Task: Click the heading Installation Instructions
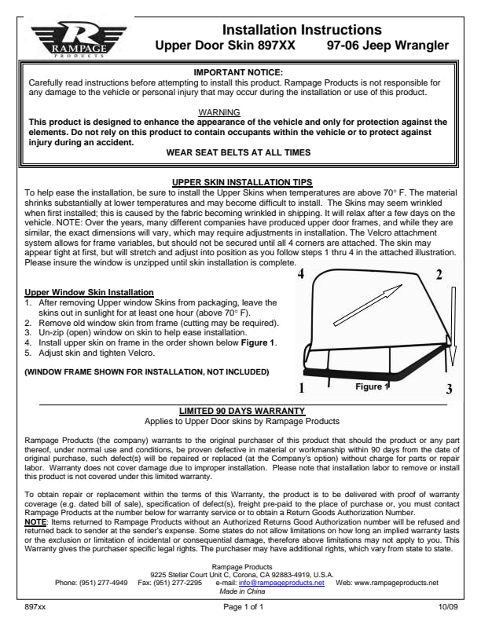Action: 302,29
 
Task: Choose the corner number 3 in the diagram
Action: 449,389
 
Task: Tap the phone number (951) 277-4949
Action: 102,584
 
